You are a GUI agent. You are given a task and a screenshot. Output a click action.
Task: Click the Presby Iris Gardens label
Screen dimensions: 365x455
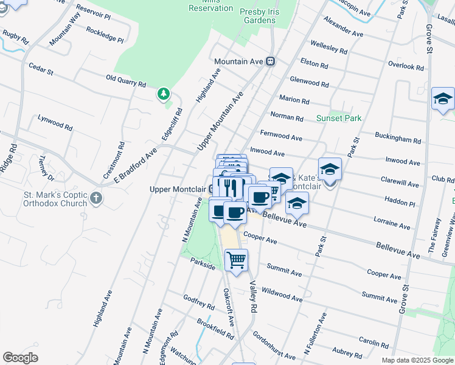[x=266, y=16]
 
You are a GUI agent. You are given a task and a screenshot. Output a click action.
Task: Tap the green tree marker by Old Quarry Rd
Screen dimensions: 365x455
[x=163, y=94]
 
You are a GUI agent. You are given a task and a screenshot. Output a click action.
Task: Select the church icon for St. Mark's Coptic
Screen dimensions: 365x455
[x=96, y=198]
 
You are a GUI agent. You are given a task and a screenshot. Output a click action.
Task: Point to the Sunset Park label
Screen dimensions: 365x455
[x=339, y=118]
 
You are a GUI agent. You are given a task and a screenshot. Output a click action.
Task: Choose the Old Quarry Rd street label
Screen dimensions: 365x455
[x=126, y=80]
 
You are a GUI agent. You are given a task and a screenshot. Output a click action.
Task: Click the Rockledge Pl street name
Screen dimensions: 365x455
[x=105, y=34]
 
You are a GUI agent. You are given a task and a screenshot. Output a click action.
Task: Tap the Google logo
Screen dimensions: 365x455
[x=21, y=358]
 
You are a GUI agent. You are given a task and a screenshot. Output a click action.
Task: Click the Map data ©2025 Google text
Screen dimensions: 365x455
[x=417, y=360]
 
